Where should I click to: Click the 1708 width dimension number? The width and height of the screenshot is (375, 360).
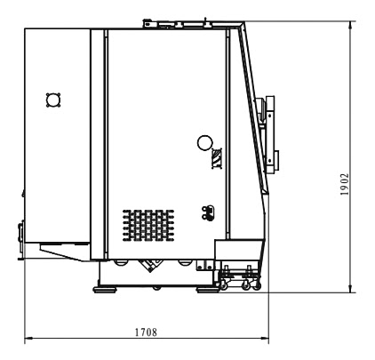[146, 332]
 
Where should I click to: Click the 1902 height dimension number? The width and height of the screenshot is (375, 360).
[345, 184]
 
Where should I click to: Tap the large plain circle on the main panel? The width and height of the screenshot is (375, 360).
[204, 143]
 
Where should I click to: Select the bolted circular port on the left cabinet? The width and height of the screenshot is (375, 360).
[53, 100]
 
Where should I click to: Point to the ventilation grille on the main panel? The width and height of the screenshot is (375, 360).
[148, 226]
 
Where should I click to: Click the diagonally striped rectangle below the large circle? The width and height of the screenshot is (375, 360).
[217, 158]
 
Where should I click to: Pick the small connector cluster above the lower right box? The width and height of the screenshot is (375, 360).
[208, 212]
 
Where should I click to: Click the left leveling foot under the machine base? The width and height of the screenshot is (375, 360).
[105, 289]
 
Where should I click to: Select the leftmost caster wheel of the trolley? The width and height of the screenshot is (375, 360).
[222, 285]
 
